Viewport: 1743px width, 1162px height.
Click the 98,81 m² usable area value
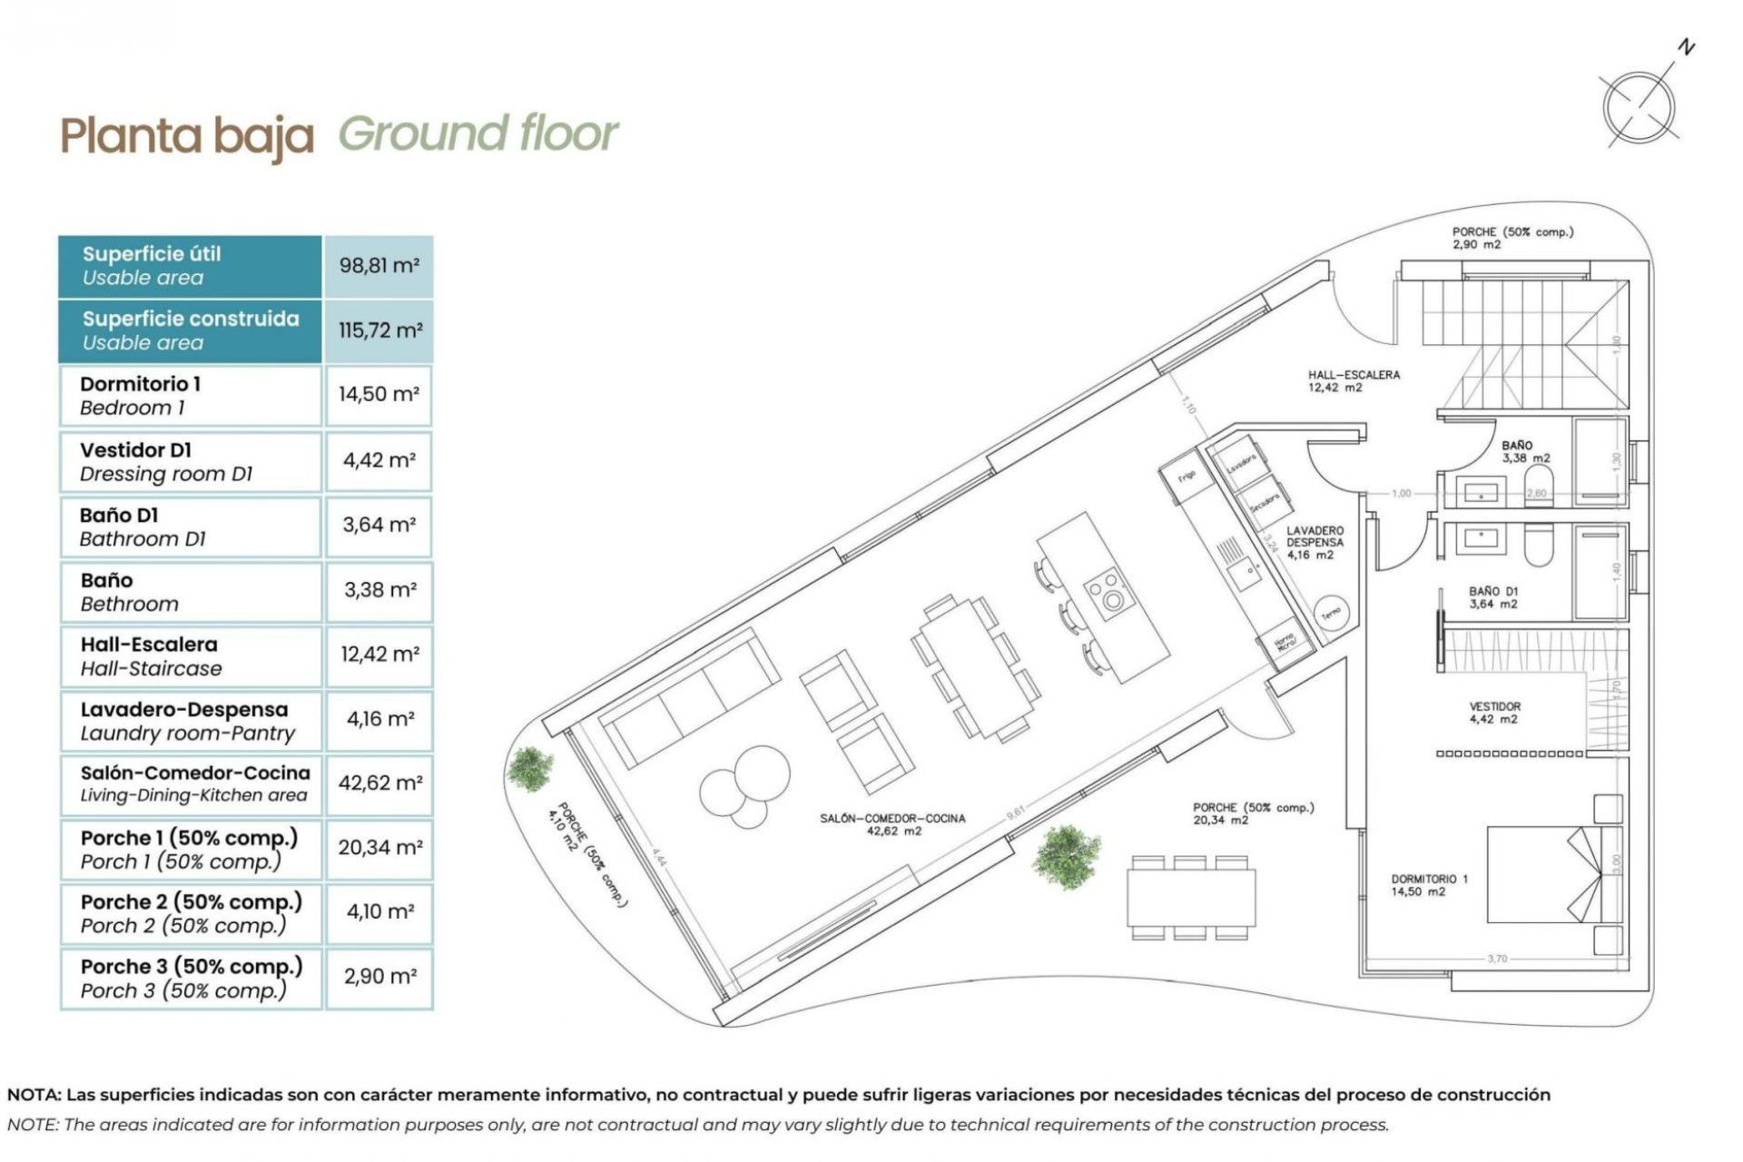click(x=379, y=266)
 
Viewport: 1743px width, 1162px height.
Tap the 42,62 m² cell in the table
click(x=379, y=783)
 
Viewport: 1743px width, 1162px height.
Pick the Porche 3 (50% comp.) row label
click(x=190, y=978)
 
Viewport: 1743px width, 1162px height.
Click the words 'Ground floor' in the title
click(x=478, y=133)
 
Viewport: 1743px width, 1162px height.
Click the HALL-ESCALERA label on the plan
click(x=1353, y=380)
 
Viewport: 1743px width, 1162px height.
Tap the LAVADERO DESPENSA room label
click(x=1314, y=542)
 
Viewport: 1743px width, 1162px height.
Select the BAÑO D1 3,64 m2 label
click(x=1492, y=597)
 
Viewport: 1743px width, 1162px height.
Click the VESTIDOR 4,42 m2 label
click(x=1494, y=713)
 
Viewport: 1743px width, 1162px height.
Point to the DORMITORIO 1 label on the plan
click(x=1429, y=885)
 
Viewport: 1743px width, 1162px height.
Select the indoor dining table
click(x=975, y=666)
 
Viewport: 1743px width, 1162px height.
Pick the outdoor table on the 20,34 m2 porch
click(x=1191, y=897)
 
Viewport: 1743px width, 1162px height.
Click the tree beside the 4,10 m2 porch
click(x=529, y=769)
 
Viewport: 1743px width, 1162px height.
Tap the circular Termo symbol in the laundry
click(x=1331, y=614)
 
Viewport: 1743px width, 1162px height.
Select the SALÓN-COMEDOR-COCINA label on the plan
click(x=892, y=824)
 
